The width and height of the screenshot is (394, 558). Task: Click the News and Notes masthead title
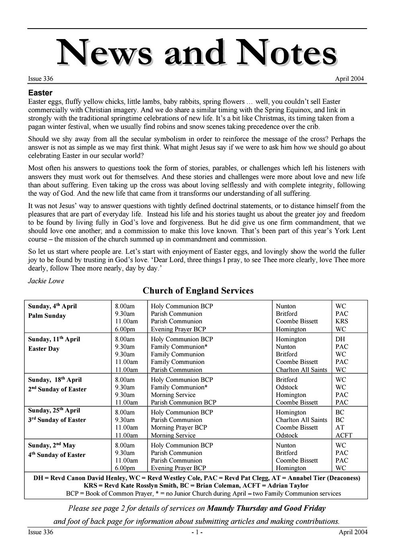[197, 53]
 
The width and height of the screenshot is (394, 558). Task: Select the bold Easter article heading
[40, 93]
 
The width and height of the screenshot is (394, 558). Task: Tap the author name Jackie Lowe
[46, 281]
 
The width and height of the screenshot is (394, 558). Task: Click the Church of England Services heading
[198, 291]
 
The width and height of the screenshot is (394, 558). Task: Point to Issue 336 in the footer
[41, 532]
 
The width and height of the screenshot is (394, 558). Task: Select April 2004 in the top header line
[349, 79]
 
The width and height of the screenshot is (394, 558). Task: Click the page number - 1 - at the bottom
[197, 532]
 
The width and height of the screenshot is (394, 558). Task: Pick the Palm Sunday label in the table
[47, 316]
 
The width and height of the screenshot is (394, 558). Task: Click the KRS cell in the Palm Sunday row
[342, 321]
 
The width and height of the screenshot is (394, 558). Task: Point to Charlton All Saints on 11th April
[301, 370]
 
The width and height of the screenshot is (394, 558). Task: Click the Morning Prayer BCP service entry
[179, 428]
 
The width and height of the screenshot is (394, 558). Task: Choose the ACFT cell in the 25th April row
[344, 435]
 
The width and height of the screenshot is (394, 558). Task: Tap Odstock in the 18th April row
[287, 387]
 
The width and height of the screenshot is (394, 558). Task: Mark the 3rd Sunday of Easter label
[57, 420]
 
